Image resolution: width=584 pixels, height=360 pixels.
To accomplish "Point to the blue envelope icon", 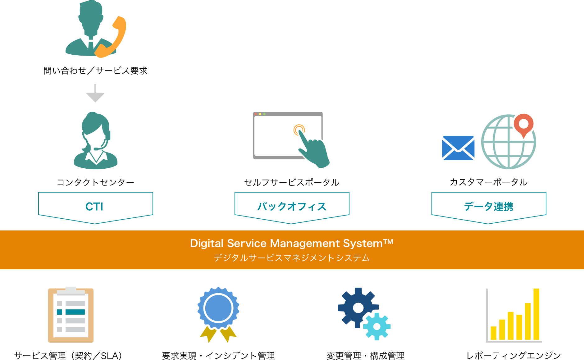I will pyautogui.click(x=458, y=148).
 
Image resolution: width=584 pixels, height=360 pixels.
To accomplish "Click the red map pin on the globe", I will pyautogui.click(x=524, y=125).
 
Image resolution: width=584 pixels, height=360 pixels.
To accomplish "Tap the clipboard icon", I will pyautogui.click(x=71, y=315).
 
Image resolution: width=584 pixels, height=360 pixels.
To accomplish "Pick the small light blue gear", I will pyautogui.click(x=377, y=326).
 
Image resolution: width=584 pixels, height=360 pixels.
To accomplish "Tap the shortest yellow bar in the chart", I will pyautogui.click(x=493, y=333).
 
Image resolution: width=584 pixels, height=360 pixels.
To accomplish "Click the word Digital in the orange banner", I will pyautogui.click(x=207, y=244).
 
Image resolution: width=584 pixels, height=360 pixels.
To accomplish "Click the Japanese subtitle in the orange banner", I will pyautogui.click(x=292, y=258).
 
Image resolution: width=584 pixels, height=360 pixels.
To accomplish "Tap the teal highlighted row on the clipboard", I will pyautogui.click(x=75, y=312).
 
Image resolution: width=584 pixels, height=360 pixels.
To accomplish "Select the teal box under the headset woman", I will pyautogui.click(x=95, y=208).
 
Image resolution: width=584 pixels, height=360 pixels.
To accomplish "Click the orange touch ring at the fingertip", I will pyautogui.click(x=299, y=130).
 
